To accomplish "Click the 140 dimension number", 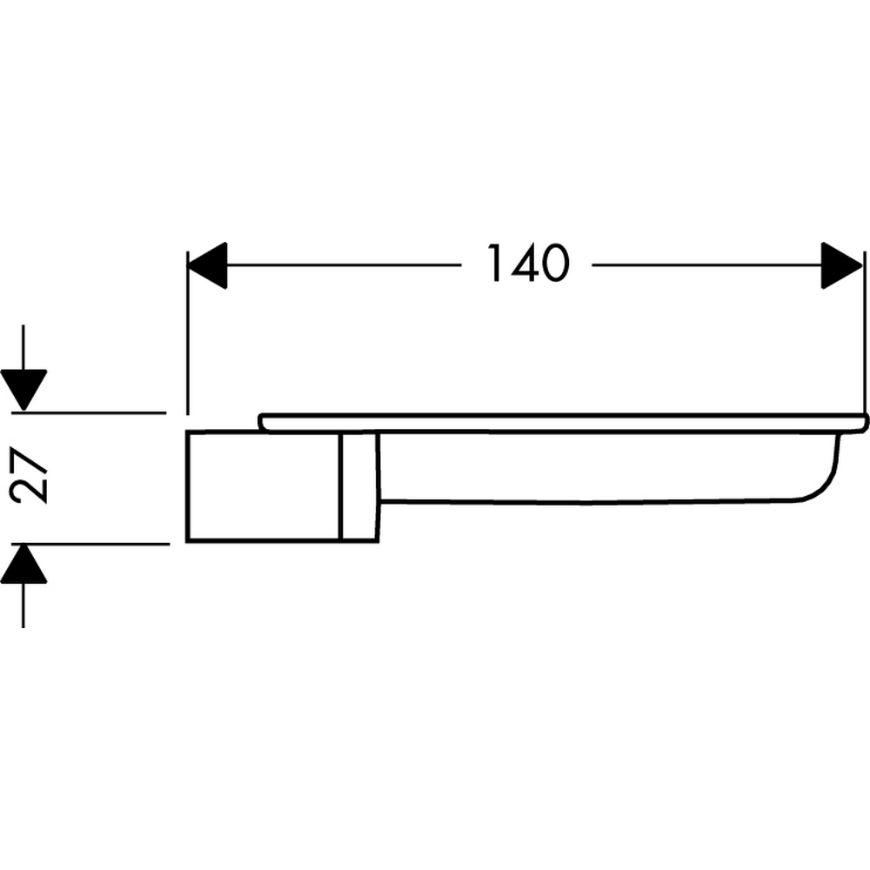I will pyautogui.click(x=526, y=264).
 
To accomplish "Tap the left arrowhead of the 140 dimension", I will pyautogui.click(x=209, y=265).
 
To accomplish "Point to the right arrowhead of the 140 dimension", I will pyautogui.click(x=841, y=265).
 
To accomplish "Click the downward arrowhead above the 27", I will pyautogui.click(x=23, y=388).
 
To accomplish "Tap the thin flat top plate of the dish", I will pyautogui.click(x=557, y=422).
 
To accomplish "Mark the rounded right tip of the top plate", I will pyautogui.click(x=863, y=423).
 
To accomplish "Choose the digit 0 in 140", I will pyautogui.click(x=553, y=264).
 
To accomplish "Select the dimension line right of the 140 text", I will pyautogui.click(x=705, y=265).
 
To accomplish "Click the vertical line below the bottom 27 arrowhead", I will pyautogui.click(x=23, y=605).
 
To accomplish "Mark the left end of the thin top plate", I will pyautogui.click(x=262, y=422).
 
